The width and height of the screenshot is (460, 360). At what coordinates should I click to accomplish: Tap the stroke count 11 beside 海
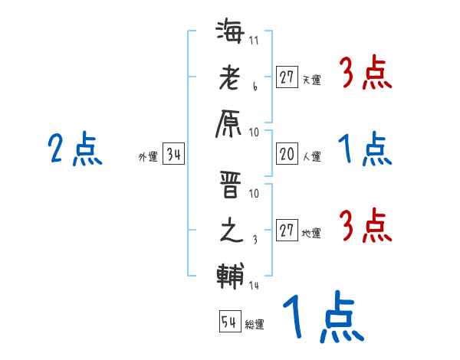click(x=254, y=41)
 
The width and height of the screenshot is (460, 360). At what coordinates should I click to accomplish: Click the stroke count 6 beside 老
click(x=255, y=90)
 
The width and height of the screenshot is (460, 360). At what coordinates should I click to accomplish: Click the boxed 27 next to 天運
click(x=287, y=77)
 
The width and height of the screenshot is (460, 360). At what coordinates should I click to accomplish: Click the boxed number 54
click(x=229, y=322)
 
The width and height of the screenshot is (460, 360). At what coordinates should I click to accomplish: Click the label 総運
click(x=255, y=325)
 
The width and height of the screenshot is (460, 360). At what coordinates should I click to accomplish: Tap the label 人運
click(x=312, y=157)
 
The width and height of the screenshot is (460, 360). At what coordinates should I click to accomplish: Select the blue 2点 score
click(x=75, y=149)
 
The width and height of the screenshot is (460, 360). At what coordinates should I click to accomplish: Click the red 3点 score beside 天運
click(x=364, y=75)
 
